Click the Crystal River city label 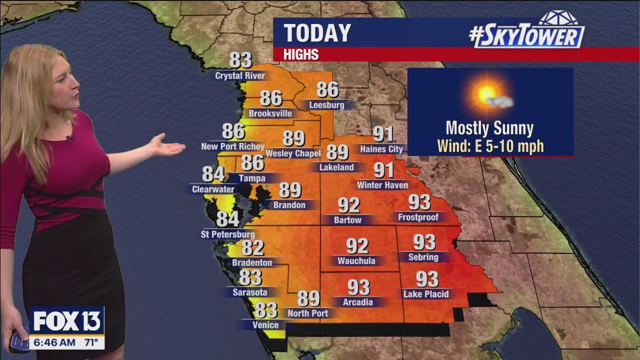point(240,76)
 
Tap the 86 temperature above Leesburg point(327,89)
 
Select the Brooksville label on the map point(270,113)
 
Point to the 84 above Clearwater point(213,174)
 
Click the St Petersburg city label point(228,234)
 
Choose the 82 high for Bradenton point(252,247)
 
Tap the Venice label point(265,325)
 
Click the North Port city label point(308,313)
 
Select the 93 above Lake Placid point(427,278)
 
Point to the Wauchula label point(356,261)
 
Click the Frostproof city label point(418,217)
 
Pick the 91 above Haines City point(383,134)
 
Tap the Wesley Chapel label point(293,153)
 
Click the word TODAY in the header point(318,33)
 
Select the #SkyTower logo point(527,33)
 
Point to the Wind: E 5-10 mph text point(490,146)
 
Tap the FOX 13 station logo point(66,320)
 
